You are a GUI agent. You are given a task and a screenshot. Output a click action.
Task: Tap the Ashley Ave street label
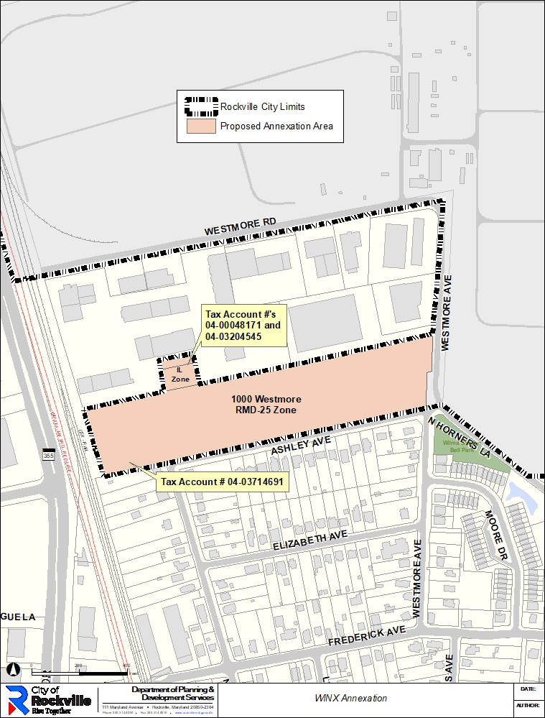coord(300,446)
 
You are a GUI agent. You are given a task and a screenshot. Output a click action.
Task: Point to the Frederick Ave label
coord(366,635)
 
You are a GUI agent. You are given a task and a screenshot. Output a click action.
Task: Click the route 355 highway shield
coord(49,456)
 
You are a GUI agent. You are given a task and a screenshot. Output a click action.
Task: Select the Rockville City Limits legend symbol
coord(201,106)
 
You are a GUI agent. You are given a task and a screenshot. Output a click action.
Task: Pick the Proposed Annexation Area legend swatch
coord(201,126)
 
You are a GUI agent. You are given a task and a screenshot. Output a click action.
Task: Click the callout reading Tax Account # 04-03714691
coord(222,482)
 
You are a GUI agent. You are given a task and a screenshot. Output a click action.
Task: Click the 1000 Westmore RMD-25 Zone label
coord(266,405)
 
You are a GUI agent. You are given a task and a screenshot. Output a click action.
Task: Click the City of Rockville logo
coord(49,700)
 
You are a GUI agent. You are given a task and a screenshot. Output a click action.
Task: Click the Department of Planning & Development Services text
coord(172,694)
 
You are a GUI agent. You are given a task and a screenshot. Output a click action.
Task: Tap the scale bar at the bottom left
coord(79,673)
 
